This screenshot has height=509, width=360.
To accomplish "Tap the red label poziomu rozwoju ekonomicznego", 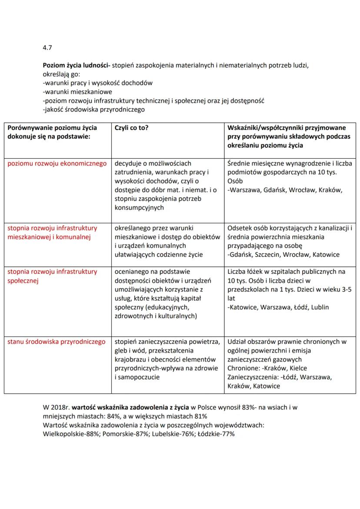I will [x=57, y=164].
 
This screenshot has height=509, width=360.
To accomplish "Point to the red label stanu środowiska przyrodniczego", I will [x=57, y=342].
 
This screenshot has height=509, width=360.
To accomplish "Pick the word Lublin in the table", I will [x=319, y=307].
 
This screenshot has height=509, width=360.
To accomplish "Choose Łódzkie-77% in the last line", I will [x=217, y=434].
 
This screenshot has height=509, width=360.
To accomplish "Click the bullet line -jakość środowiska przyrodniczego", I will [x=93, y=110].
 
